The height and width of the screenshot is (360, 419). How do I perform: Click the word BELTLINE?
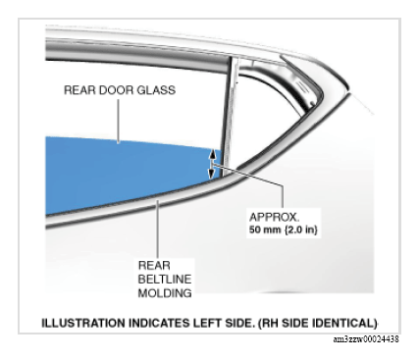pos(165,279)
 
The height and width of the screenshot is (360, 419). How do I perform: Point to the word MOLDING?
pos(165,292)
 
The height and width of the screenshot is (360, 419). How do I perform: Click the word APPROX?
pos(274,217)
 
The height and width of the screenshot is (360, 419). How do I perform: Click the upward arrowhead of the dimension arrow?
pos(212,153)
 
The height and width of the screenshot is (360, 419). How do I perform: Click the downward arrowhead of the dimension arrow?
pos(212,173)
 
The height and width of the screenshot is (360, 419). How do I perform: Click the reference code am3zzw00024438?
pos(366,339)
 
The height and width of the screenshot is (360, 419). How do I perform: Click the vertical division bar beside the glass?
pos(230,115)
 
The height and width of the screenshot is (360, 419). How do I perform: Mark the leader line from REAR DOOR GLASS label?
pos(119,121)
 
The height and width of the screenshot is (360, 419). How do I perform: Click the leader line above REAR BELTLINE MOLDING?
pos(158,229)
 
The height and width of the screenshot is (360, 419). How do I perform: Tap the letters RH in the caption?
pos(270,323)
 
